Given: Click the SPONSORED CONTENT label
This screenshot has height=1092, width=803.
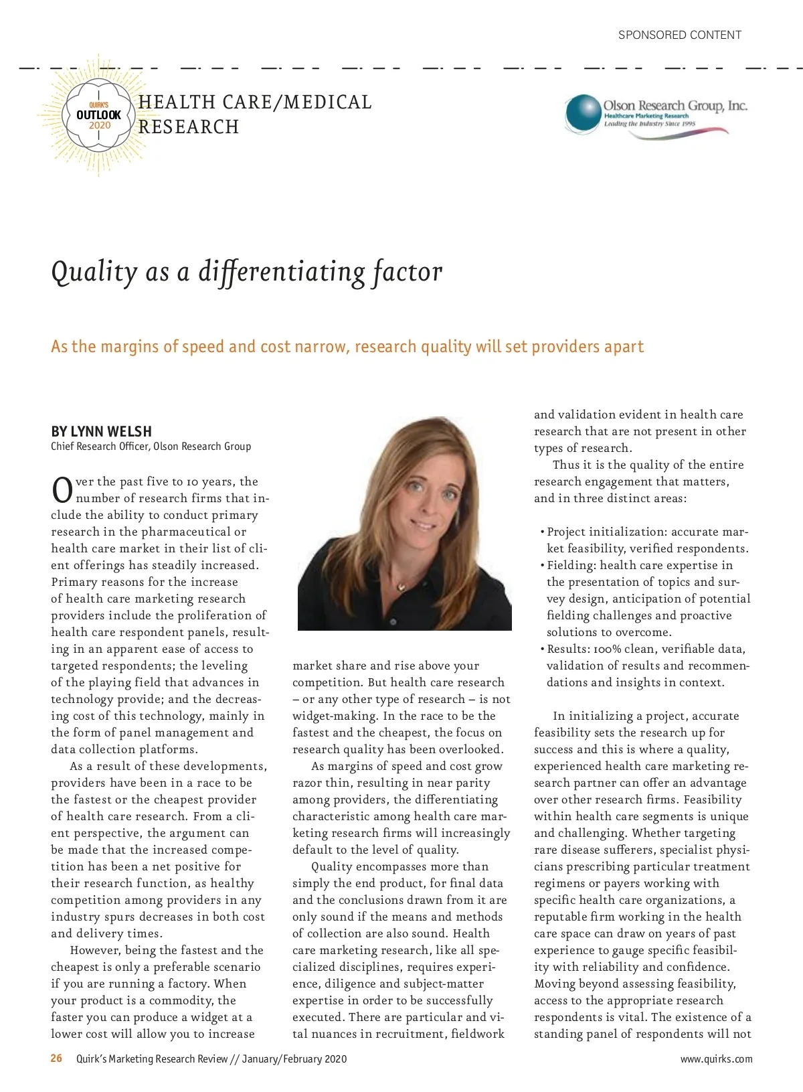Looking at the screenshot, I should [x=679, y=35].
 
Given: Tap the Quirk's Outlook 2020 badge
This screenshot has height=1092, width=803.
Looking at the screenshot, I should [x=99, y=116].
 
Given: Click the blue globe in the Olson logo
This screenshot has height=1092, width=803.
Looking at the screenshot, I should [x=583, y=113].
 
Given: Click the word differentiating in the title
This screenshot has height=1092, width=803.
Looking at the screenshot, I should [x=282, y=272].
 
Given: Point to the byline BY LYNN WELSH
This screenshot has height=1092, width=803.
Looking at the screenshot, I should [x=101, y=431].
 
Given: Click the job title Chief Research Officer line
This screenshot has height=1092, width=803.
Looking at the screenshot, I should [x=151, y=447].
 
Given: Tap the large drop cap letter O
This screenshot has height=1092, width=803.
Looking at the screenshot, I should [x=62, y=490].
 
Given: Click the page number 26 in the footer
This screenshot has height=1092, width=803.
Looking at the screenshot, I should [x=57, y=1059].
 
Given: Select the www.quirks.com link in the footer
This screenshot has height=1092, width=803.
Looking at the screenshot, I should [x=716, y=1059].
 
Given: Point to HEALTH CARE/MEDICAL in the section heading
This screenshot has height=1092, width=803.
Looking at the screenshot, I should [x=255, y=102].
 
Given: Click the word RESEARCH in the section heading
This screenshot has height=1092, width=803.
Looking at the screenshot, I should [x=189, y=127].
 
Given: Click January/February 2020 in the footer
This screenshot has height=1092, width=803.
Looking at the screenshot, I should [x=294, y=1059].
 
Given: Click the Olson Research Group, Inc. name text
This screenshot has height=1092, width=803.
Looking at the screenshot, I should [x=675, y=105].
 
